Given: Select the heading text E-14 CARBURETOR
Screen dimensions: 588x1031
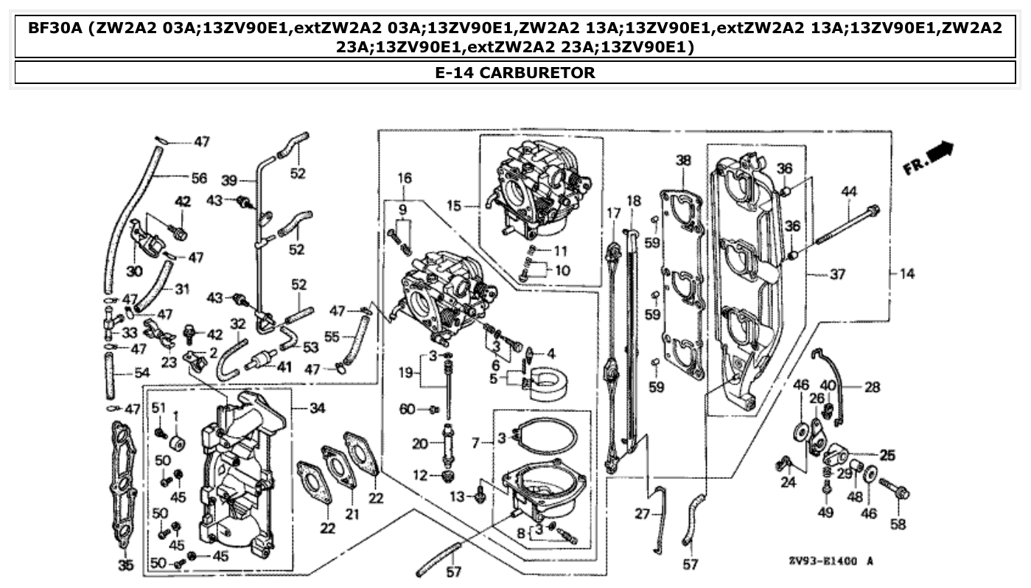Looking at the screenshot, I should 515,73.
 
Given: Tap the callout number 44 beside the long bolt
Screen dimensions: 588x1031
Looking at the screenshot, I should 849,192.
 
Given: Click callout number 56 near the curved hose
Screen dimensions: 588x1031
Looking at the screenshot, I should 199,178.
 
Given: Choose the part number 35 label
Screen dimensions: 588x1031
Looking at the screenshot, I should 126,566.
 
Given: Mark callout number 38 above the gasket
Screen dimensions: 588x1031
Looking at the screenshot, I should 683,160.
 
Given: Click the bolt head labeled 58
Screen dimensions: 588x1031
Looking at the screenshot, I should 903,492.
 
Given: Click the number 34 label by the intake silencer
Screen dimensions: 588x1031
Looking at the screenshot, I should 317,407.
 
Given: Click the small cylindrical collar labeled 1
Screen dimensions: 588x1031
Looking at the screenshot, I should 177,445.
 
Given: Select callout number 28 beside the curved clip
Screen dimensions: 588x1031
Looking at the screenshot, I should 872,386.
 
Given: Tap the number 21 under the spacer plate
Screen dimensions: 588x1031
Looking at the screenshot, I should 352,514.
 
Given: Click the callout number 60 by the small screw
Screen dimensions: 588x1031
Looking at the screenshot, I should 406,409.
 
